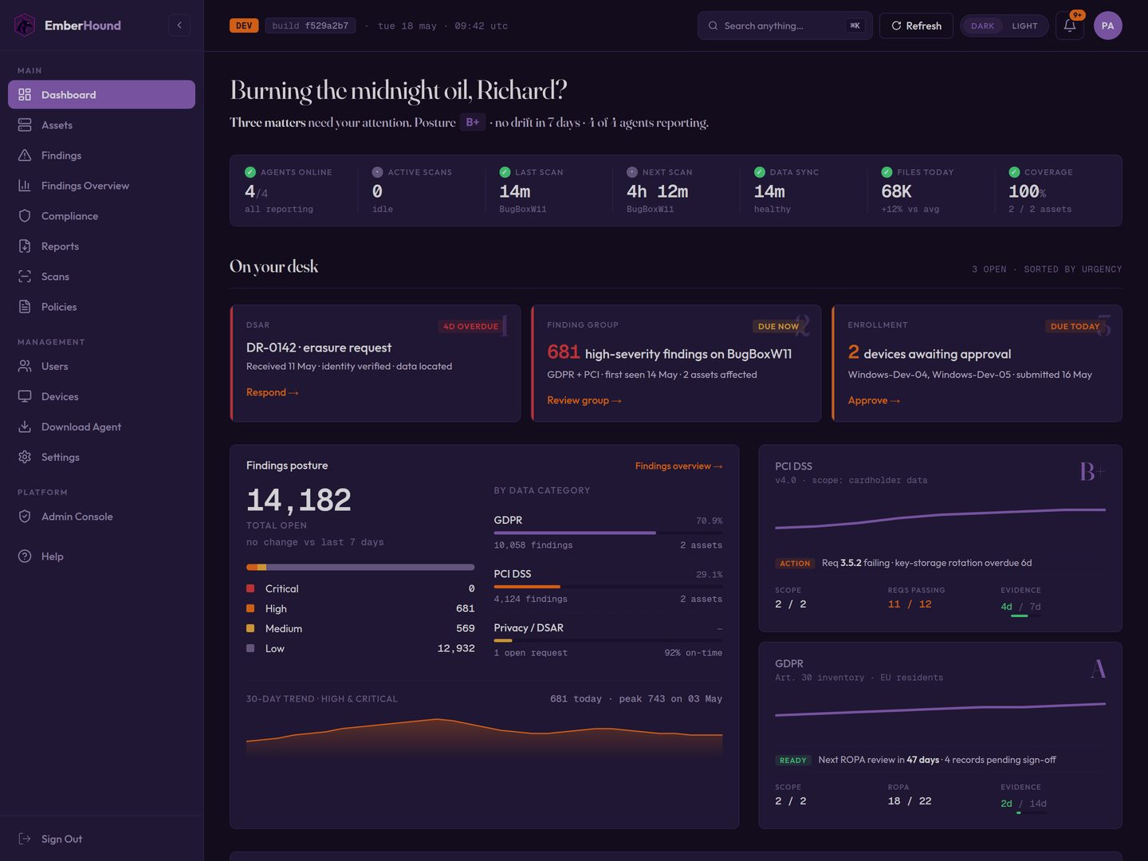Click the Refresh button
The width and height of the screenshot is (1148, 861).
pyautogui.click(x=916, y=26)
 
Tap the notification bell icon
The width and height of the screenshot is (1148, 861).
pyautogui.click(x=1070, y=26)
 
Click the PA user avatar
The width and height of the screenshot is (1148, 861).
pyautogui.click(x=1107, y=26)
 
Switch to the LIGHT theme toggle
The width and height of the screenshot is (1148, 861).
pyautogui.click(x=1024, y=26)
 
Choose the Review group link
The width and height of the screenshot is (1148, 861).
pyautogui.click(x=584, y=400)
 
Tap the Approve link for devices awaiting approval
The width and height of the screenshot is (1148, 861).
pyautogui.click(x=874, y=400)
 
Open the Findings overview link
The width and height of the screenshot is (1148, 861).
pyautogui.click(x=679, y=466)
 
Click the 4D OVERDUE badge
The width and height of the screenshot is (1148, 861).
pyautogui.click(x=470, y=326)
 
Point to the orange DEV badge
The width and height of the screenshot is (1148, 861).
pyautogui.click(x=244, y=26)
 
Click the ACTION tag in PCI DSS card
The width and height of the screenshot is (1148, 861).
pyautogui.click(x=795, y=563)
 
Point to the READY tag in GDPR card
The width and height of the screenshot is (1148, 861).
pyautogui.click(x=792, y=760)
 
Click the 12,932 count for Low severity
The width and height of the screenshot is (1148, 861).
pyautogui.click(x=456, y=648)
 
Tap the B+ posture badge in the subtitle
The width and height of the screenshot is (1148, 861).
pyautogui.click(x=472, y=122)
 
